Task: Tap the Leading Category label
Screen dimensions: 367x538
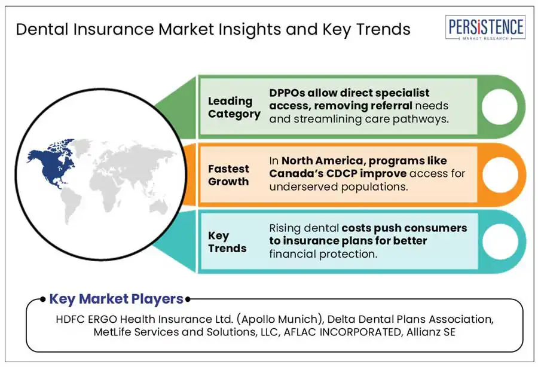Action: [x=234, y=107]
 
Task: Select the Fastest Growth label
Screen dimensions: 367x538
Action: [x=228, y=175]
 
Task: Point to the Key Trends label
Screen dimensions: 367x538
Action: [x=227, y=241]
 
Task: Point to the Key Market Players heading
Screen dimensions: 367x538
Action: [x=116, y=299]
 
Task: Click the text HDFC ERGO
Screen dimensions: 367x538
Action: [x=88, y=319]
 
